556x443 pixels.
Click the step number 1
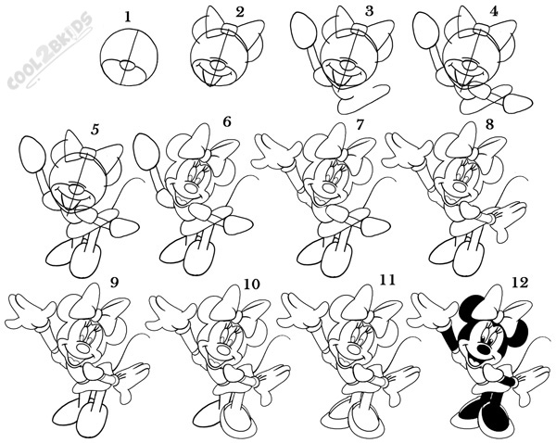[127, 15]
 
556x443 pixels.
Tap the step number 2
[241, 12]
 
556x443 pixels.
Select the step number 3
[369, 11]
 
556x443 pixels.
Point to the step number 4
[494, 12]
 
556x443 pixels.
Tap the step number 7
[360, 124]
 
